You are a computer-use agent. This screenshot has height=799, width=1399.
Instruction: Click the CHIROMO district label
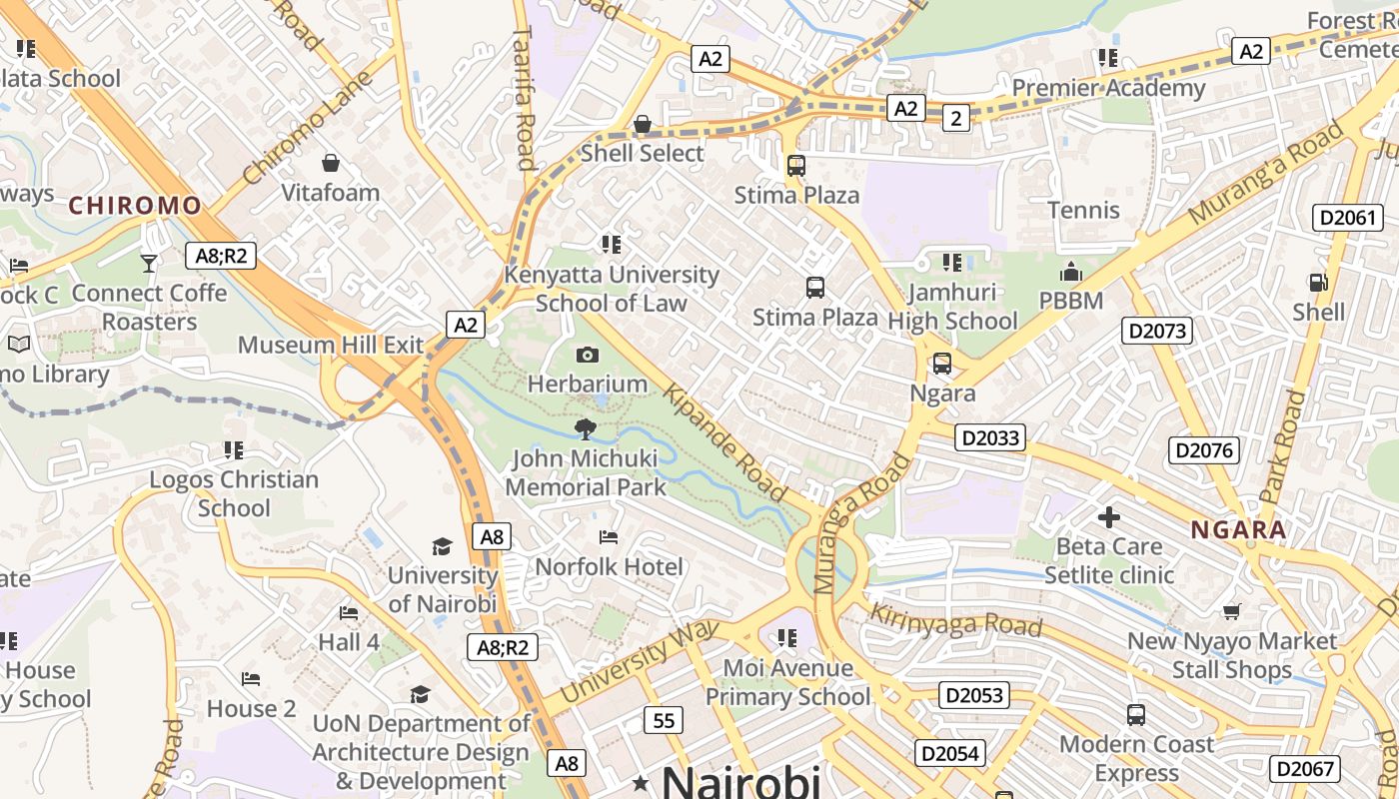(135, 207)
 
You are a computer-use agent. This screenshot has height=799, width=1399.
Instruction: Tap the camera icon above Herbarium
(588, 355)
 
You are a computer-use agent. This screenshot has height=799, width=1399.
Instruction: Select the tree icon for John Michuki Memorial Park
(586, 429)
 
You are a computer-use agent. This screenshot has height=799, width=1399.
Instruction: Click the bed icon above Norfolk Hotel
(609, 537)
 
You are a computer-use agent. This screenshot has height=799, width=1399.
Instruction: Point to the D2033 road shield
(990, 437)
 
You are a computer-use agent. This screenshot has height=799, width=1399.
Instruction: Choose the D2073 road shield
(1157, 331)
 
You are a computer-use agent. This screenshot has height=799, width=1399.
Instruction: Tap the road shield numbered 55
(664, 719)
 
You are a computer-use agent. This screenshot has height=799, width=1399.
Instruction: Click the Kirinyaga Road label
(956, 619)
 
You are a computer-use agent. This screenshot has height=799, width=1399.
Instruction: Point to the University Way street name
(640, 661)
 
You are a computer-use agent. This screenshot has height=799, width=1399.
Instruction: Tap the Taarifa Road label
(524, 98)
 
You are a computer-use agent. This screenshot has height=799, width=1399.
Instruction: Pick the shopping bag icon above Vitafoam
(331, 162)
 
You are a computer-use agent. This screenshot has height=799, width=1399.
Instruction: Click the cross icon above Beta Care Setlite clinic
(1109, 517)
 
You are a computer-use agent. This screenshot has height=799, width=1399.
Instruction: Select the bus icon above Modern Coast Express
(1136, 715)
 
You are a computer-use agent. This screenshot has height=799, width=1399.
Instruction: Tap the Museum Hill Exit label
(331, 345)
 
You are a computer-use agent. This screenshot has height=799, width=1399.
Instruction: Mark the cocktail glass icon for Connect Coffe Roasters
(149, 263)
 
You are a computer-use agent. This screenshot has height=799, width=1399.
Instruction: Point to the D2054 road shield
(950, 753)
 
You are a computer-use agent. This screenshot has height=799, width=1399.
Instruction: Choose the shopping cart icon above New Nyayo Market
(1232, 611)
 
